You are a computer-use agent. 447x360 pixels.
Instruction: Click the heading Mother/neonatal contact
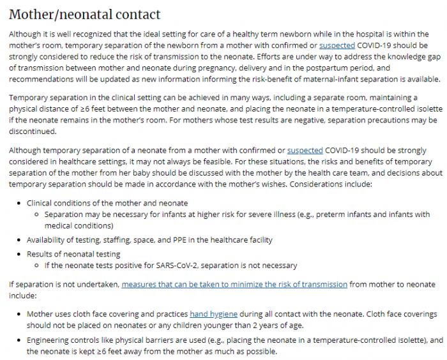[85, 14]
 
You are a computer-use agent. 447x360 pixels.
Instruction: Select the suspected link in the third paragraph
[305, 150]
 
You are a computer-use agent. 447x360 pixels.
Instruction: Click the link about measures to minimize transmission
[234, 284]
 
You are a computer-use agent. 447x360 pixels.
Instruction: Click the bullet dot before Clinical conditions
[19, 202]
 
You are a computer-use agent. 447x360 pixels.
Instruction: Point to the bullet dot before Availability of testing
[19, 240]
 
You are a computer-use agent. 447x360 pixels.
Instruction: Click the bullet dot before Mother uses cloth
[19, 315]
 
